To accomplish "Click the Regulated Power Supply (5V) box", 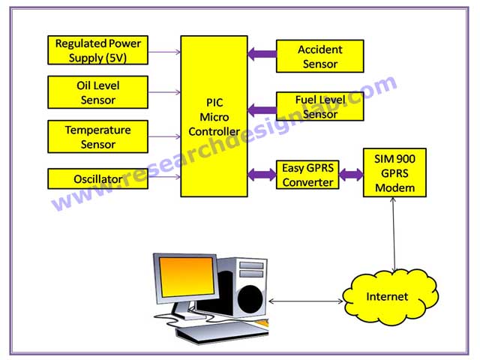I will pyautogui.click(x=97, y=50).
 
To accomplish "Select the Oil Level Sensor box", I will pyautogui.click(x=97, y=91).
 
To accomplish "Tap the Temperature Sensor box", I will pyautogui.click(x=97, y=136).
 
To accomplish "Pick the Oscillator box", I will pyautogui.click(x=97, y=178).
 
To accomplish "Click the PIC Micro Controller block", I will pyautogui.click(x=214, y=116).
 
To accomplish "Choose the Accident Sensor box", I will pyautogui.click(x=319, y=56).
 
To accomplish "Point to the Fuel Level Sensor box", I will pyautogui.click(x=319, y=106).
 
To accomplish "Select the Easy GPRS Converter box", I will pyautogui.click(x=307, y=175).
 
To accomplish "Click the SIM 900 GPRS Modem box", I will pyautogui.click(x=394, y=172).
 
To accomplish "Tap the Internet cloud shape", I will pyautogui.click(x=387, y=296).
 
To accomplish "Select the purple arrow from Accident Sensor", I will pyautogui.click(x=262, y=54).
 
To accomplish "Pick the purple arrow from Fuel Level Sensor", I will pyautogui.click(x=262, y=109).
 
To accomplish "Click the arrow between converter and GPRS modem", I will pyautogui.click(x=349, y=175).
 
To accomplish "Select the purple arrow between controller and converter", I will pyautogui.click(x=262, y=175).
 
